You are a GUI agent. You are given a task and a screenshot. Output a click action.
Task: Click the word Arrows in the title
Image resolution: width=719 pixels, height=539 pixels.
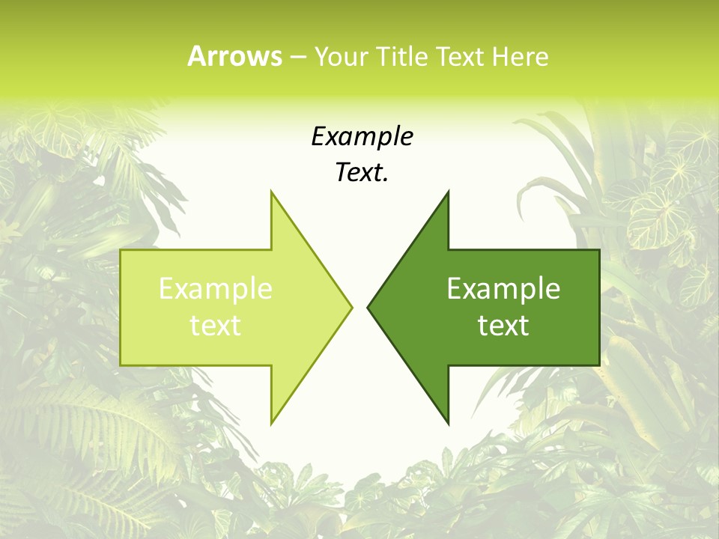tap(234, 56)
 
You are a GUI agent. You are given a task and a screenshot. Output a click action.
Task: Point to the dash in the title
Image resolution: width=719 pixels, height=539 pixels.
tap(297, 57)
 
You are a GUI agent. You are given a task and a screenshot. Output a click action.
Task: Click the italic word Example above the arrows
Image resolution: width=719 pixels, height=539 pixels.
tap(362, 136)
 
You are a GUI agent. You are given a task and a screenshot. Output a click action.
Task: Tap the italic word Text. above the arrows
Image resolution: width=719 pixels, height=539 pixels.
tap(362, 172)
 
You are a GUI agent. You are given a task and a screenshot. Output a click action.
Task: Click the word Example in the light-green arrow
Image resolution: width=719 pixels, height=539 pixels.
tap(216, 288)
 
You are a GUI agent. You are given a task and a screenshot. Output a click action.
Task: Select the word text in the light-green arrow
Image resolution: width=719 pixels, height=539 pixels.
tap(216, 325)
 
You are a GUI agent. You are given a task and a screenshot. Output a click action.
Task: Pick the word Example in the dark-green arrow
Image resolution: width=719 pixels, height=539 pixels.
tap(503, 288)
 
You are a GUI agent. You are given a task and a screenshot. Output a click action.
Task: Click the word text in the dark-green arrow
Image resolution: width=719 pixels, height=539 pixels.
tap(503, 325)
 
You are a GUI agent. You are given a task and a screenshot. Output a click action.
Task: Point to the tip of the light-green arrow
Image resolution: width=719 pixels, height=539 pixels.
tap(351, 307)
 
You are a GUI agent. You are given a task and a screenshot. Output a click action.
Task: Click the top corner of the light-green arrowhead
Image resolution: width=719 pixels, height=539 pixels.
tap(271, 192)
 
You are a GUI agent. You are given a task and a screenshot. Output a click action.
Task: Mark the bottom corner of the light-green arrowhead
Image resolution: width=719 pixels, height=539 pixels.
tap(271, 423)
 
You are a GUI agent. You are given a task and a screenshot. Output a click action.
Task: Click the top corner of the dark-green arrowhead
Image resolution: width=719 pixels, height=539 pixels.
tap(448, 192)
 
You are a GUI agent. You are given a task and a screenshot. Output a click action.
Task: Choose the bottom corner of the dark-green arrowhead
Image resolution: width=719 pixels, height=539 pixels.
tap(448, 423)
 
